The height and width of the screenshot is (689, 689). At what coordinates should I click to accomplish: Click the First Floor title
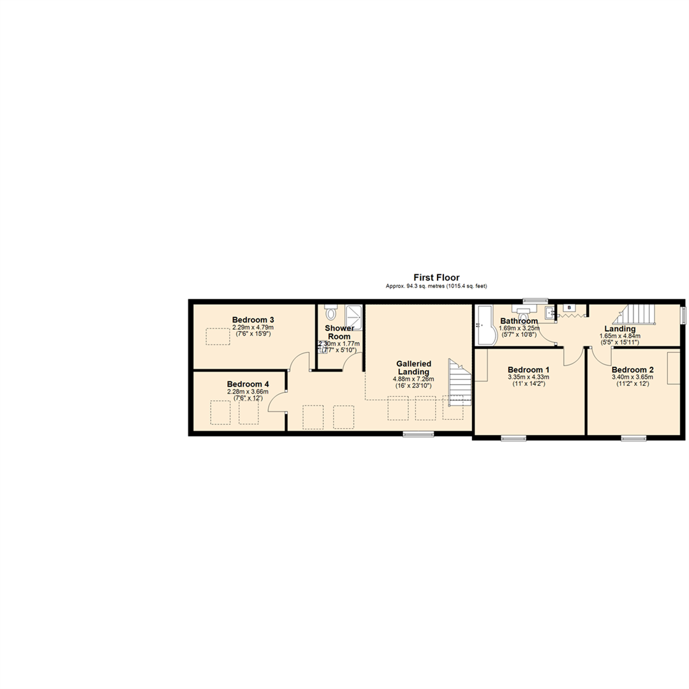pos(436,278)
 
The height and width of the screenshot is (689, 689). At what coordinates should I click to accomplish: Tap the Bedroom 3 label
pos(253,320)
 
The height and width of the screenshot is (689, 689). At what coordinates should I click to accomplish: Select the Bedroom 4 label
pos(248,384)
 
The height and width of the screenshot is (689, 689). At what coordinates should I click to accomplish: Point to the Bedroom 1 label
pos(528,369)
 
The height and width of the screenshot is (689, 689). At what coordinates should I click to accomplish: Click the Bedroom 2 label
pos(632,369)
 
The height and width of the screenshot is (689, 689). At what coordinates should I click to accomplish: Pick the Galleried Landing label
pos(413,367)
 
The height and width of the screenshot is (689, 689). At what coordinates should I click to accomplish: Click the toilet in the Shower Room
pos(330,313)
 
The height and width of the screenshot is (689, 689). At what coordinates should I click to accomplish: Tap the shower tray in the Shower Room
pos(353,316)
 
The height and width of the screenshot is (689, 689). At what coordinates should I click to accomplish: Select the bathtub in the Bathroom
pos(483,325)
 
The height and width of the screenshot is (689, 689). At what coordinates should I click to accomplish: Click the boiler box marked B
pos(569,308)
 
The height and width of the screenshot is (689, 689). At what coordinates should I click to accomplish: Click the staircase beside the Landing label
pos(638,314)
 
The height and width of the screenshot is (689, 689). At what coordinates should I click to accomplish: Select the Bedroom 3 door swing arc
pos(297,362)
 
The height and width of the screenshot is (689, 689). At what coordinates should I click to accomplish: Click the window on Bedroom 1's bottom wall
pos(513,438)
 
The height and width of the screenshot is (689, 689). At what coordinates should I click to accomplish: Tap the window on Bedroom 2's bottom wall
pos(633,438)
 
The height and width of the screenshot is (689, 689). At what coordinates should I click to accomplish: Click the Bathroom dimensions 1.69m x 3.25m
pos(519,329)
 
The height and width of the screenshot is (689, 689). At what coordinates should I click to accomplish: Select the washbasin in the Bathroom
pos(549,313)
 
